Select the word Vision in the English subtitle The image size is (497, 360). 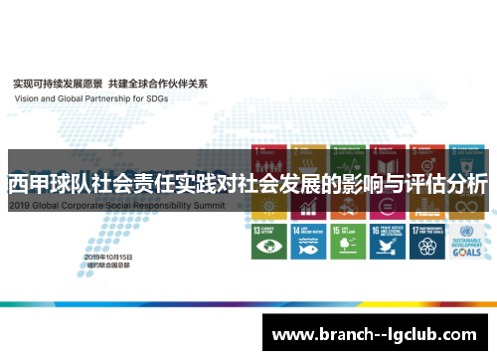(24, 98)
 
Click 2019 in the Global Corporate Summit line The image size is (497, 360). (21, 204)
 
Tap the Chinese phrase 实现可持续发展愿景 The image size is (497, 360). (55, 84)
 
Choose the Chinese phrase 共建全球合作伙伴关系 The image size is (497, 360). (158, 84)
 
